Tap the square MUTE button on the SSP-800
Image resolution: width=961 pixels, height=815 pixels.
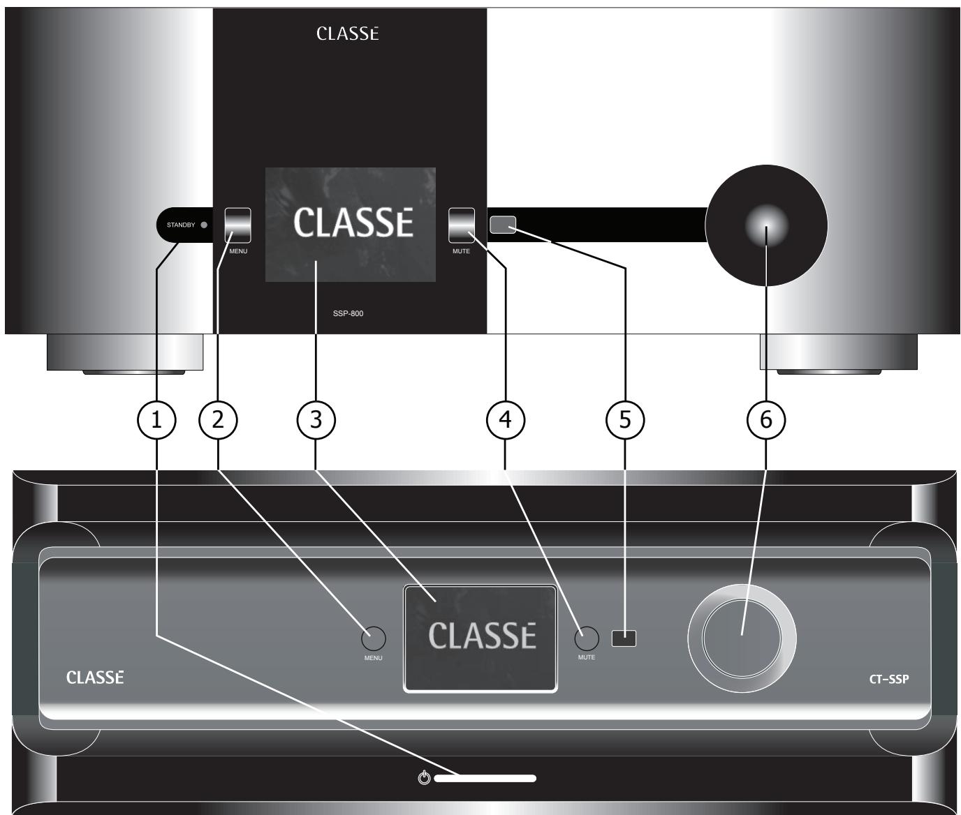[461, 225]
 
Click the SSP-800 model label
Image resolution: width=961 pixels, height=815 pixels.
[348, 313]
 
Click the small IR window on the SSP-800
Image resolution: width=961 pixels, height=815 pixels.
[503, 225]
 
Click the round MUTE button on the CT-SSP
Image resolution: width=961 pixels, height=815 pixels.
[587, 638]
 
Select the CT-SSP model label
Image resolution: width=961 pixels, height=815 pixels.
[889, 678]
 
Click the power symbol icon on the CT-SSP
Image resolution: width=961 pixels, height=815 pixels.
[424, 778]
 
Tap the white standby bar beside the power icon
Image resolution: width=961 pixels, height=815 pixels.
[485, 778]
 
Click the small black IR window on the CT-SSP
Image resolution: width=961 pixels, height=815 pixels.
[624, 638]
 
